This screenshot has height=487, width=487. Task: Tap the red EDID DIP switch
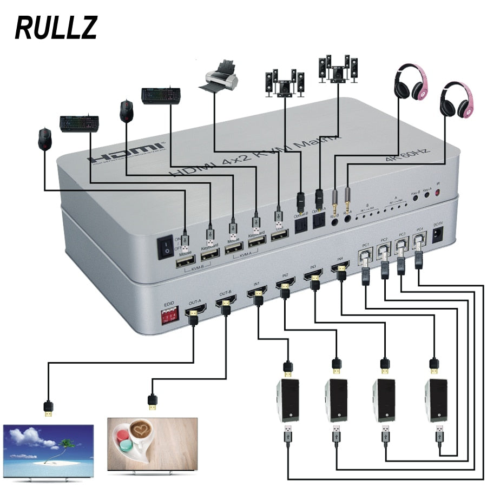pos(169,317)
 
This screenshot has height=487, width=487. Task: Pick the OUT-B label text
pos(226,294)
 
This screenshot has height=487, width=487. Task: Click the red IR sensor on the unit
pos(438,192)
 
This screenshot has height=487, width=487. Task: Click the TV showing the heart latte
pos(153,444)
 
